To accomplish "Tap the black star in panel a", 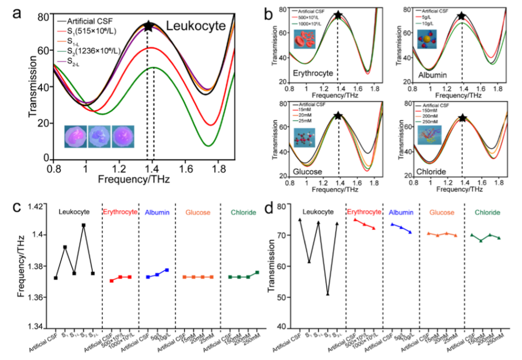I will (x=149, y=26).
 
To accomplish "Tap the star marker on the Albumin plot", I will (x=462, y=16).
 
